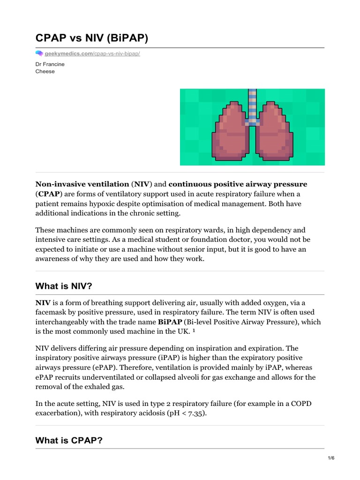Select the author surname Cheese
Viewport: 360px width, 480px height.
(45, 71)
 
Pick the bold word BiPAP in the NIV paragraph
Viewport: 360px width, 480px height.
(170, 322)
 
